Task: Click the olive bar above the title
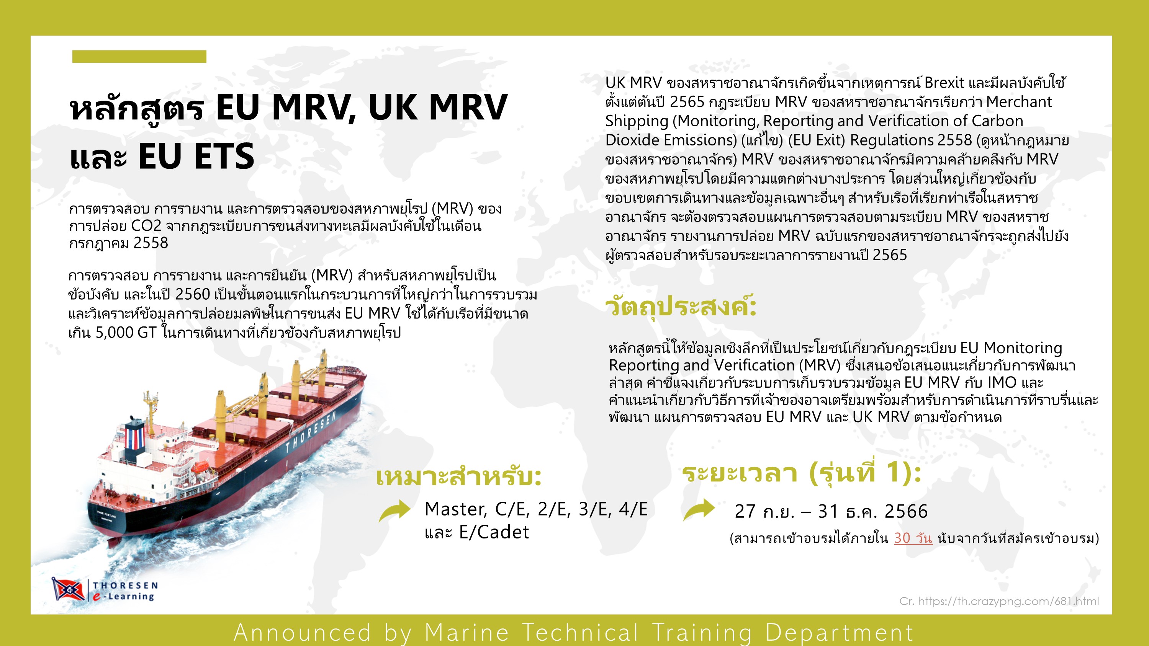[139, 57]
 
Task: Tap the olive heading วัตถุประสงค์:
[681, 307]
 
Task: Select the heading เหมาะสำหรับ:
[458, 476]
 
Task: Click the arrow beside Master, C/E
[394, 511]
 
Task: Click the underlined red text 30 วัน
[913, 538]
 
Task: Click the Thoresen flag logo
[68, 589]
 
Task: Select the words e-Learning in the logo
[124, 597]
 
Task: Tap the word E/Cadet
[494, 532]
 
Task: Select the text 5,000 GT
[126, 333]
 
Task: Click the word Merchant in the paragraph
[1019, 102]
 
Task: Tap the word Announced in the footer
[302, 633]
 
